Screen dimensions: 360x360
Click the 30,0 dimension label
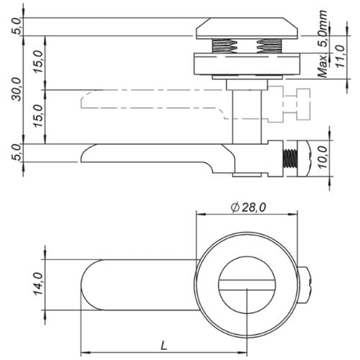[17, 89]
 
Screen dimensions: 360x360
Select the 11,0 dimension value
[340, 56]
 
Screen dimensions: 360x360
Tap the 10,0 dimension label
[323, 157]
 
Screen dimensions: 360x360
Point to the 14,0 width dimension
[38, 284]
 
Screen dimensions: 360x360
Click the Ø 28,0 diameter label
[248, 207]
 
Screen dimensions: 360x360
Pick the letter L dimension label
[164, 346]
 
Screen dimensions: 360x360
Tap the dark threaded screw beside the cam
[290, 158]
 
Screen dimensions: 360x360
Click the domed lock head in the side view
[247, 28]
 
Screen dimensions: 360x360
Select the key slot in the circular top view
[247, 285]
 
